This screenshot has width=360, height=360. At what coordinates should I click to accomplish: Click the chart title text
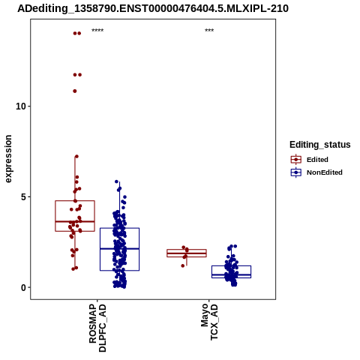pyautogui.click(x=153, y=9)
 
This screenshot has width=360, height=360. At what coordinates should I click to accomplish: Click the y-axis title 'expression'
pyautogui.click(x=8, y=159)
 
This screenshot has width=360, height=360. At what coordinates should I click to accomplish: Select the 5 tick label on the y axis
pyautogui.click(x=24, y=197)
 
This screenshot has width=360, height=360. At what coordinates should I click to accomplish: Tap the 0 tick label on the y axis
pyautogui.click(x=24, y=288)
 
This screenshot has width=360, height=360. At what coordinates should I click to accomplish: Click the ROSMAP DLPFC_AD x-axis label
pyautogui.click(x=97, y=328)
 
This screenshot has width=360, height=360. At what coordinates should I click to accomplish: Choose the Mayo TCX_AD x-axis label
pyautogui.click(x=209, y=322)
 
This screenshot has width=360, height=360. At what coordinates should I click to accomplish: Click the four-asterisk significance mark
pyautogui.click(x=97, y=30)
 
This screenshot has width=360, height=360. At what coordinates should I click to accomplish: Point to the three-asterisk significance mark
pyautogui.click(x=209, y=30)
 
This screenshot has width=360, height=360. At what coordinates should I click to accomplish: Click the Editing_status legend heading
pyautogui.click(x=320, y=145)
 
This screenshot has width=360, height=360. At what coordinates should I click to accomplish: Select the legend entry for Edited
pyautogui.click(x=310, y=160)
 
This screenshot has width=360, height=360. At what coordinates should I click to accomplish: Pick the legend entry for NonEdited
pyautogui.click(x=316, y=172)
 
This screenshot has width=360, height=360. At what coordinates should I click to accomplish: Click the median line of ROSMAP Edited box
pyautogui.click(x=75, y=221)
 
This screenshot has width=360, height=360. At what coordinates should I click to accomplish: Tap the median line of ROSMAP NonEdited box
pyautogui.click(x=119, y=249)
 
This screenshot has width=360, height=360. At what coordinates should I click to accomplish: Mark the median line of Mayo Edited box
pyautogui.click(x=187, y=253)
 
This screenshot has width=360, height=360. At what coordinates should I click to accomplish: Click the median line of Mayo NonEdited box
pyautogui.click(x=231, y=274)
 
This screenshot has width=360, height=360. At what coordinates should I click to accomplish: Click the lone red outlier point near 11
pyautogui.click(x=75, y=91)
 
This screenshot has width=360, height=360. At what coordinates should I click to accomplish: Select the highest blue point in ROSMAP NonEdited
pyautogui.click(x=116, y=181)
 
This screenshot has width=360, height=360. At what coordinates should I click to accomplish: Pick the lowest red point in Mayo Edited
pyautogui.click(x=183, y=265)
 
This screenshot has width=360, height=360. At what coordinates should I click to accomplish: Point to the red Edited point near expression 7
pyautogui.click(x=76, y=157)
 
